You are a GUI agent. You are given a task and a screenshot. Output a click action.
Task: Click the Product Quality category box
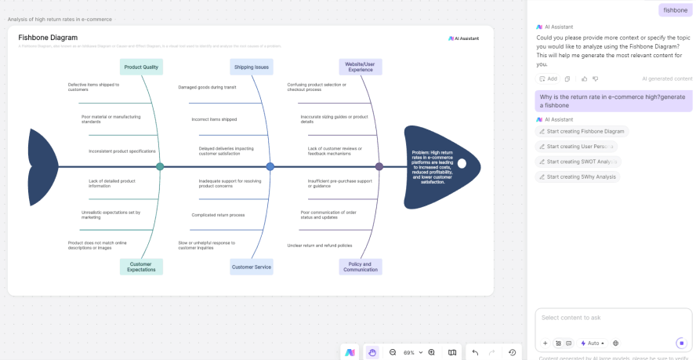141,67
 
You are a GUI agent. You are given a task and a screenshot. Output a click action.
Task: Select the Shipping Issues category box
252,67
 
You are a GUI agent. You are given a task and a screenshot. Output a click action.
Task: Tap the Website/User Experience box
361,67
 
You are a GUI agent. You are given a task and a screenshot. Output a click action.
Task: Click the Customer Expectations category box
141,267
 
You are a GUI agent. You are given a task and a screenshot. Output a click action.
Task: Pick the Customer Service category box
252,267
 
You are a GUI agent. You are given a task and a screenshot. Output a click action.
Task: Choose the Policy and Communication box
361,267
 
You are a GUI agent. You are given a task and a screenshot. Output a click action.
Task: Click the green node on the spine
160,166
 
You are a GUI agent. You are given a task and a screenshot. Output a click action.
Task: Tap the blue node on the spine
270,166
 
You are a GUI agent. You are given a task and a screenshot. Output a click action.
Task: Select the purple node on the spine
379,166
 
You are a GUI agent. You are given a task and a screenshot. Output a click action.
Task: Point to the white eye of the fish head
462,164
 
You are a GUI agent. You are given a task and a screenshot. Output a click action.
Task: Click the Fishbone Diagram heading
48,37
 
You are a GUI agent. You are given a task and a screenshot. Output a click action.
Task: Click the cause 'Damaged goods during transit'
207,87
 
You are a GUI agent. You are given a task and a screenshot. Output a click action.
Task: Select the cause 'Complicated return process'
218,214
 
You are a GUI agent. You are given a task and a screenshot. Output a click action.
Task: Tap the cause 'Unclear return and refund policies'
319,245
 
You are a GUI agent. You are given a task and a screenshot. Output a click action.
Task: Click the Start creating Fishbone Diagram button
582,131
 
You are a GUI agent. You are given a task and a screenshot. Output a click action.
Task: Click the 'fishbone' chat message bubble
675,10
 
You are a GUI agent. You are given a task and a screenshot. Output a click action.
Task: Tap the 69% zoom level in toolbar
409,353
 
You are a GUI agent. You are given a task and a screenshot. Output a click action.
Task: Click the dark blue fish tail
41,166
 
